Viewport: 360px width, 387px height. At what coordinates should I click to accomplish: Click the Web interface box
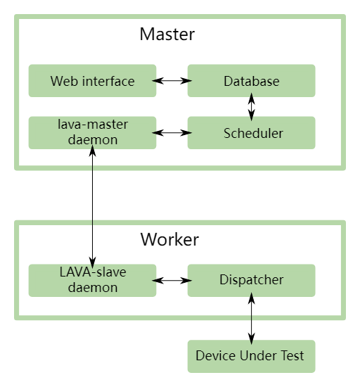pos(92,81)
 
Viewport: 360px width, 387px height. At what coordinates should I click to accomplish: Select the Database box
pos(251,81)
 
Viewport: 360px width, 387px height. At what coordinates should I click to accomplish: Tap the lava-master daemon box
pos(92,132)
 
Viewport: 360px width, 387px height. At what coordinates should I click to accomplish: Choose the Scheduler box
pos(251,133)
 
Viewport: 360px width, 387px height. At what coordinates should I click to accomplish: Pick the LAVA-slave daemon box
pos(92,280)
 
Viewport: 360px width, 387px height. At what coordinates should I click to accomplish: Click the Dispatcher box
pos(251,280)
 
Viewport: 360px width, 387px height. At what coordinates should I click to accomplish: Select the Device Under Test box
pos(251,356)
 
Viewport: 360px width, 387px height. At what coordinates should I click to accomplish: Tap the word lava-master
pos(93,125)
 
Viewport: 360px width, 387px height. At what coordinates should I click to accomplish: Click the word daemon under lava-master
pos(93,140)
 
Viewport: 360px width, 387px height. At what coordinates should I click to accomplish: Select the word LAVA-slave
pos(93,272)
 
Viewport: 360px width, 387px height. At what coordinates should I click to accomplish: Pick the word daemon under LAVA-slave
pos(93,288)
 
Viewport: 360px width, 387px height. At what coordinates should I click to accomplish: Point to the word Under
pos(259,356)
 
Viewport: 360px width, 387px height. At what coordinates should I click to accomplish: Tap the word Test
pos(293,356)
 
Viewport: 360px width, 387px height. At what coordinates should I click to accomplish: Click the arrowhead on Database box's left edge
pos(188,81)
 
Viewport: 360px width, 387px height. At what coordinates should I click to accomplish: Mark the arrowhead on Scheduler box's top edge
pos(251,118)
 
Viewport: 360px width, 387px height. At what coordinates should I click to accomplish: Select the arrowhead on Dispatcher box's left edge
pos(188,280)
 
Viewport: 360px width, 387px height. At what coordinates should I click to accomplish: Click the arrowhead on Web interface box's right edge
pos(155,81)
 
